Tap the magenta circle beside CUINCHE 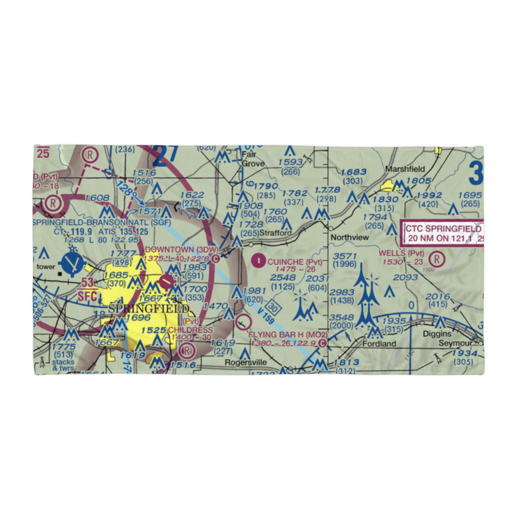(257, 261)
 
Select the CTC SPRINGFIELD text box (443, 233)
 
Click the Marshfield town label (405, 169)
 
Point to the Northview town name (350, 237)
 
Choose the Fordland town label (379, 343)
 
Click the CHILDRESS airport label (190, 330)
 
